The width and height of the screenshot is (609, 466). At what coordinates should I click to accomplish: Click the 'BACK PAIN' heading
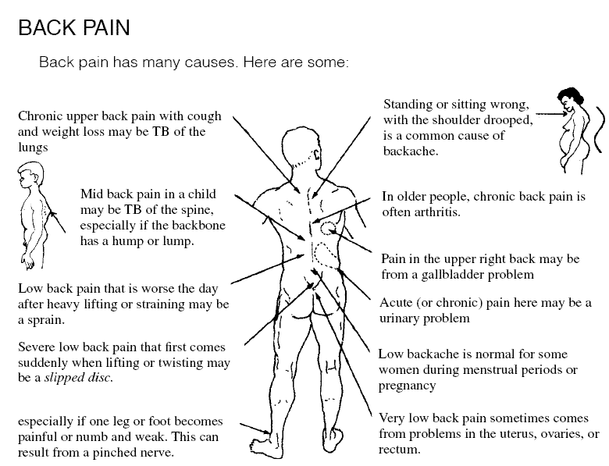pos(73,29)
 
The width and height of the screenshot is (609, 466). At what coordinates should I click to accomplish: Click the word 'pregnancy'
pos(408,386)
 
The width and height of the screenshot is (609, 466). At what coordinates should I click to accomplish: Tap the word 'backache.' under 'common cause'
pos(411,151)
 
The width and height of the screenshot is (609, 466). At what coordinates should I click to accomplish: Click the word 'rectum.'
pos(400,450)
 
